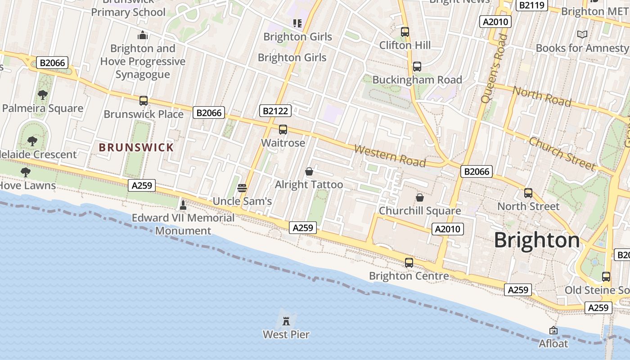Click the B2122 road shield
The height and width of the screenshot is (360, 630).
pyautogui.click(x=276, y=111)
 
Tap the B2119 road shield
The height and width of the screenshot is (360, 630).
pyautogui.click(x=532, y=5)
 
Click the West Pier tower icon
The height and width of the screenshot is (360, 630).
pyautogui.click(x=286, y=321)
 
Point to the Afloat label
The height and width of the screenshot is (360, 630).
pyautogui.click(x=553, y=343)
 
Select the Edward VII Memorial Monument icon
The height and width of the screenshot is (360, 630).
pyautogui.click(x=183, y=205)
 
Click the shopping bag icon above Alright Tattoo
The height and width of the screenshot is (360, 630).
pyautogui.click(x=309, y=171)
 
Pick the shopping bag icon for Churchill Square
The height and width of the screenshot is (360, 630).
pyautogui.click(x=419, y=198)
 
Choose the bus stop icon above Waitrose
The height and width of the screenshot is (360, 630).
pyautogui.click(x=283, y=130)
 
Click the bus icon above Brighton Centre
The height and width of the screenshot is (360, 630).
pyautogui.click(x=409, y=263)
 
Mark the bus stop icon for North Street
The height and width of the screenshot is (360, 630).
pyautogui.click(x=528, y=193)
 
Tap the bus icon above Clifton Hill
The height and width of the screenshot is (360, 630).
pyautogui.click(x=405, y=32)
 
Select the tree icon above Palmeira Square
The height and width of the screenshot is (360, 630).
pyautogui.click(x=43, y=95)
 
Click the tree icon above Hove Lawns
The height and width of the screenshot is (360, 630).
pyautogui.click(x=26, y=172)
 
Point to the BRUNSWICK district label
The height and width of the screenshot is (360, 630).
pyautogui.click(x=136, y=148)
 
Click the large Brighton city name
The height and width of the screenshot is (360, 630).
pyautogui.click(x=537, y=240)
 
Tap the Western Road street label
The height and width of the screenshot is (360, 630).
pyautogui.click(x=390, y=155)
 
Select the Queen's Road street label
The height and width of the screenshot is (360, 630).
pyautogui.click(x=492, y=68)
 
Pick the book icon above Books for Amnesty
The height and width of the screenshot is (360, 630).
pyautogui.click(x=582, y=34)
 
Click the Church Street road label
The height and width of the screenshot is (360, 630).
pyautogui.click(x=562, y=153)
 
